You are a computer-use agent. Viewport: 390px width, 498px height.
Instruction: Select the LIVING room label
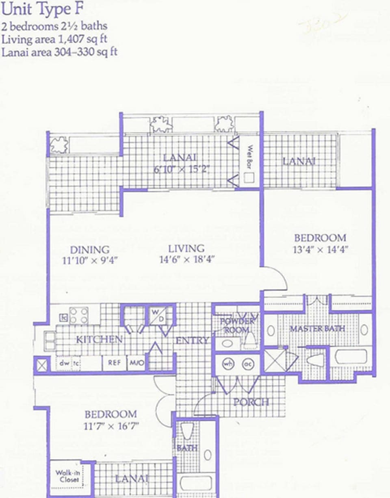[186, 248]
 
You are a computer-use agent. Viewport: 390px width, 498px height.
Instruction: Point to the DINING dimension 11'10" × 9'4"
[90, 260]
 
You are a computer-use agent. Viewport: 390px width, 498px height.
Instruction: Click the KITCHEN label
[99, 339]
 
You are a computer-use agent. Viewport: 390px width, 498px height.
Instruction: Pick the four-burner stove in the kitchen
[79, 315]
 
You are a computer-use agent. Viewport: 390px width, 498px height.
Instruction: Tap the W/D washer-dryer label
[158, 315]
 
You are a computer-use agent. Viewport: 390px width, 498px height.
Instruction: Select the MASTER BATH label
[317, 328]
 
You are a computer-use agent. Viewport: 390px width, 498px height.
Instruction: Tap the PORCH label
[251, 402]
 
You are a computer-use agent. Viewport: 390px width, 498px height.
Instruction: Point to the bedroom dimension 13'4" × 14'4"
[321, 250]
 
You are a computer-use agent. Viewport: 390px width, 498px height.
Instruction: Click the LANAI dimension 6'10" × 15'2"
[181, 169]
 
